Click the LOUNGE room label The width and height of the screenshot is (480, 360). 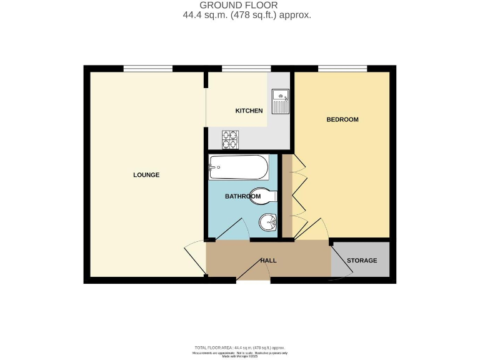[x=146, y=175]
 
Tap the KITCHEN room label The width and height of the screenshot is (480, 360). [x=249, y=111]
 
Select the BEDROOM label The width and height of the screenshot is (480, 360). [x=342, y=119]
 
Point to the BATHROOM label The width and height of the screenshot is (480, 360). [x=242, y=196]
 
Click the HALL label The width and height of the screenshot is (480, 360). [x=269, y=261]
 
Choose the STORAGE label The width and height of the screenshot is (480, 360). [x=362, y=260]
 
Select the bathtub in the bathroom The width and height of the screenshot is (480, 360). [x=239, y=167]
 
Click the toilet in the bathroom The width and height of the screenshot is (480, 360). [x=262, y=196]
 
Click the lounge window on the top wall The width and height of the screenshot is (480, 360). [x=147, y=68]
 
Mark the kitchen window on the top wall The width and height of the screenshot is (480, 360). [x=242, y=68]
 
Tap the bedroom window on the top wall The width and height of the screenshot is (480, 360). [x=342, y=68]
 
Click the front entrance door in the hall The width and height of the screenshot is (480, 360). [x=253, y=270]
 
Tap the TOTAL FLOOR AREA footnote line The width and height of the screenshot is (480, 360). [x=240, y=347]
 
